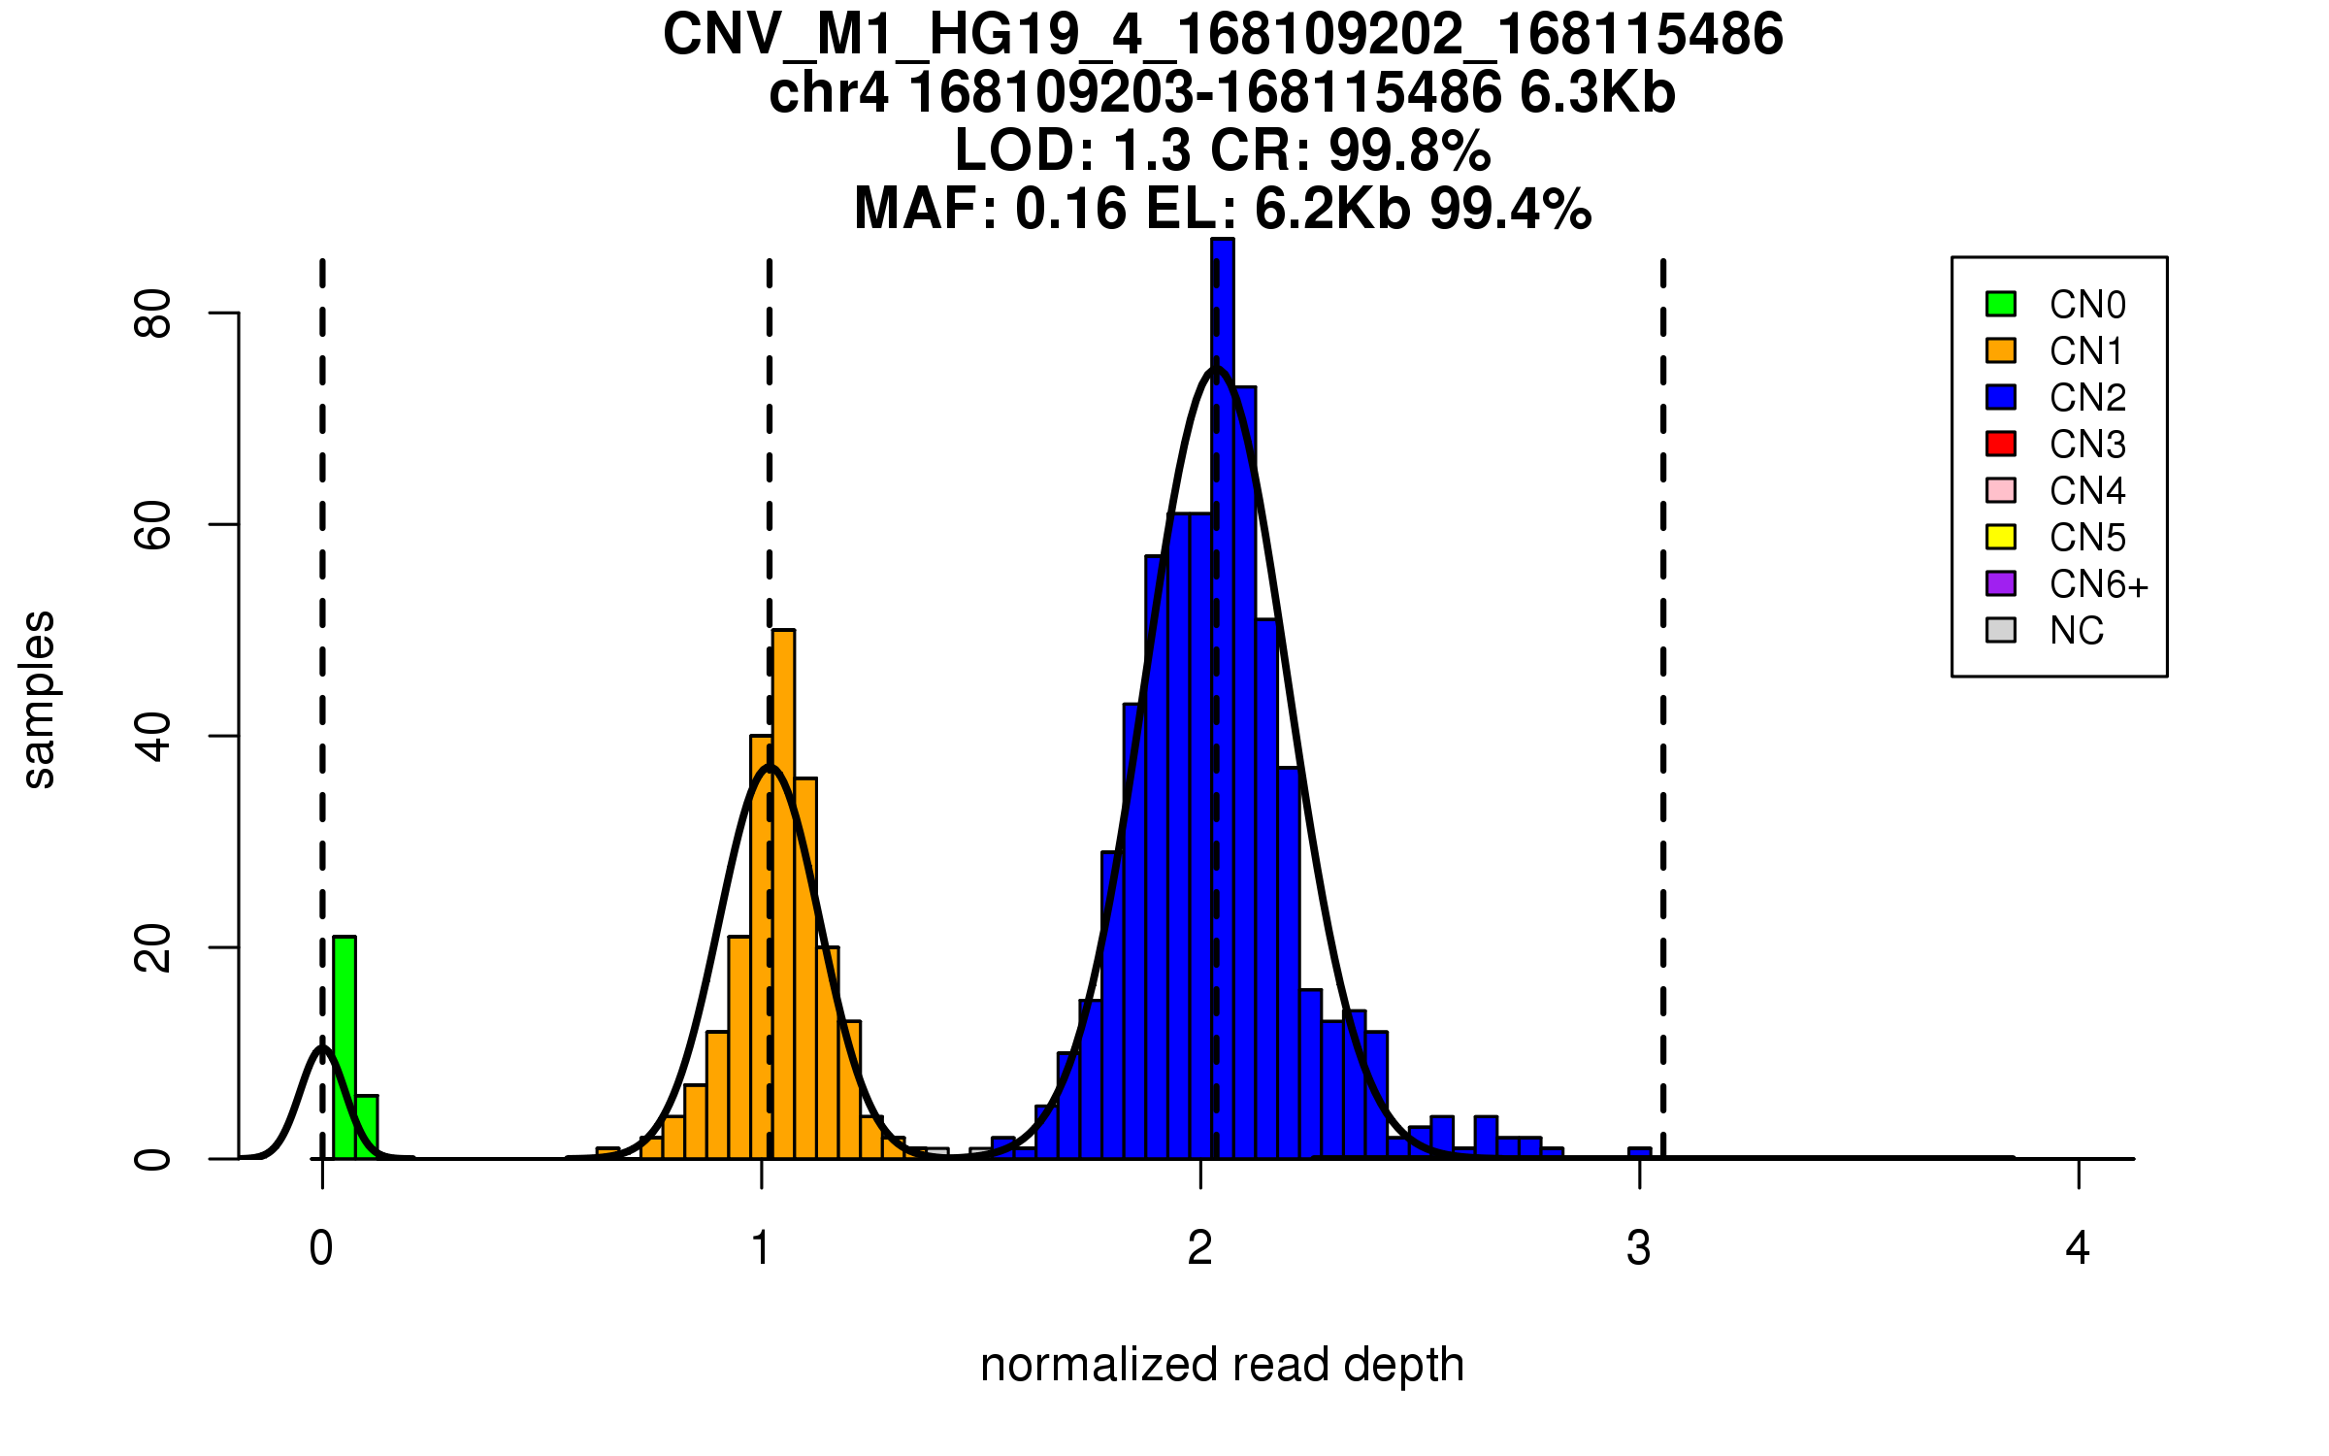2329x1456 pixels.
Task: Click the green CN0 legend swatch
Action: point(2001,304)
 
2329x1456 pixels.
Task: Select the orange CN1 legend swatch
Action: point(2001,350)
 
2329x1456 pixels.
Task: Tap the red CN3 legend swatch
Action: point(2001,444)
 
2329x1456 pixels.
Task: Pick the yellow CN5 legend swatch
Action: point(2001,537)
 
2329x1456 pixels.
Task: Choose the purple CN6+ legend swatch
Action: point(2001,583)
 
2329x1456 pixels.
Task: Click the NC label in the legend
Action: point(2077,631)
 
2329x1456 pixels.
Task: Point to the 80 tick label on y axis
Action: point(153,313)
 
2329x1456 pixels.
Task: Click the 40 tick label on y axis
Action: point(153,736)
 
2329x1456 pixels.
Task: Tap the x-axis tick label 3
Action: point(1639,1248)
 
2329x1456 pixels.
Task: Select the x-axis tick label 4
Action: point(2078,1248)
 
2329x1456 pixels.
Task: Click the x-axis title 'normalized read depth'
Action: point(1222,1365)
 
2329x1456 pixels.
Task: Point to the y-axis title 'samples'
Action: point(39,700)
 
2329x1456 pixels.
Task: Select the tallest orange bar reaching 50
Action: point(783,893)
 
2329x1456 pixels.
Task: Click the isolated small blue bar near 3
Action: point(1639,1153)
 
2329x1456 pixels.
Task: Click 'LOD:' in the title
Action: point(1025,150)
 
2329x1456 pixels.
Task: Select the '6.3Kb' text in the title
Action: point(1597,93)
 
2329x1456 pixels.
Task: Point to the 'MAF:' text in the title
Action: point(925,209)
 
